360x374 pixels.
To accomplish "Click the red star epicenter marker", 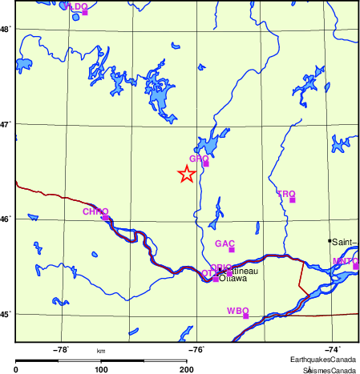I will coord(186,174).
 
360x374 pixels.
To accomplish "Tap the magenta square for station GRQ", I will coord(205,163).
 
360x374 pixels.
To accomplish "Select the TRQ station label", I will coord(286,194).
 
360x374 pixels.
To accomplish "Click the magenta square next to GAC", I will coord(231,250).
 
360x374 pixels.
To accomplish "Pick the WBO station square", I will coord(245,316).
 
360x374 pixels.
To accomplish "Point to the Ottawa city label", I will coord(233,279).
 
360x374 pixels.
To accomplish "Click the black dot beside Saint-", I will coord(329,240).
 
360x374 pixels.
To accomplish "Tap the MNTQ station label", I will coord(346,261).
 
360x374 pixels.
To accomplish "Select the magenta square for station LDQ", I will coord(84,12).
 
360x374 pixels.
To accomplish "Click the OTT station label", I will coord(207,273).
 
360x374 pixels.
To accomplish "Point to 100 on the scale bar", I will coord(101,369).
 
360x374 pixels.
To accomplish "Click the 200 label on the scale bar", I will coord(186,369).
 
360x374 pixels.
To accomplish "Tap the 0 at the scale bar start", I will coord(16,369).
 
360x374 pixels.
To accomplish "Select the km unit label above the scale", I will coord(101,351).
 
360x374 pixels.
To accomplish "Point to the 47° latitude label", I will coord(5,124).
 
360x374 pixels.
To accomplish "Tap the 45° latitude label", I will coord(5,313).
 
